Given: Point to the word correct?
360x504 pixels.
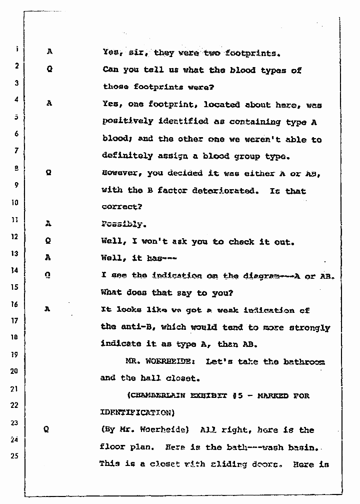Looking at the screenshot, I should (119, 207).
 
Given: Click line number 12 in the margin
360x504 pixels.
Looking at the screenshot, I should (16, 236).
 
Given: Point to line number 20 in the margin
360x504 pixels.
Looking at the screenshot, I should (15, 371).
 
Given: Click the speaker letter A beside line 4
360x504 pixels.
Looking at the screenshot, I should (49, 105).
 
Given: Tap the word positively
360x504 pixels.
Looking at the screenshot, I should (126, 122).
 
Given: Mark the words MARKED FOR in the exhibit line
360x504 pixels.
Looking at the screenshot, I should (290, 395).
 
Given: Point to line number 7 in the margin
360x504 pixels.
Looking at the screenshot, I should (16, 150).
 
